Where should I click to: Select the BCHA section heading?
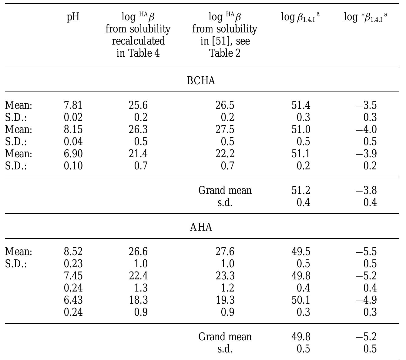point(201,81)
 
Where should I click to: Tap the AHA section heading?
point(201,227)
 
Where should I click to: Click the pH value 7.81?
point(73,105)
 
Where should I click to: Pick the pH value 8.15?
point(73,130)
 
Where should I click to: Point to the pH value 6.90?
point(73,154)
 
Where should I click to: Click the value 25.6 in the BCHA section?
point(138,105)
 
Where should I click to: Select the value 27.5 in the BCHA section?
point(225,130)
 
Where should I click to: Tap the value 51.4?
point(301,105)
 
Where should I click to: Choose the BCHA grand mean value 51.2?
point(301,191)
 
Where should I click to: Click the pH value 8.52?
point(73,252)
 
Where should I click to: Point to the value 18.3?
point(138,300)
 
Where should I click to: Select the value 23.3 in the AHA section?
point(225,276)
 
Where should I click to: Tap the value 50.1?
point(301,300)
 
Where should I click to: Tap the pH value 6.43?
point(73,300)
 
